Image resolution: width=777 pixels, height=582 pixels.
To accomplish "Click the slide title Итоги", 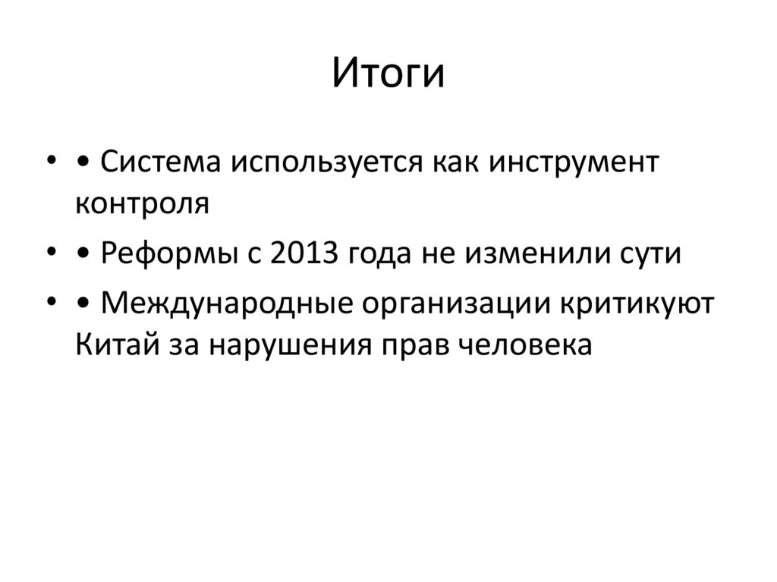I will click(388, 74).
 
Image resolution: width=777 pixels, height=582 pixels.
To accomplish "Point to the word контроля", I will click(142, 203).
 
